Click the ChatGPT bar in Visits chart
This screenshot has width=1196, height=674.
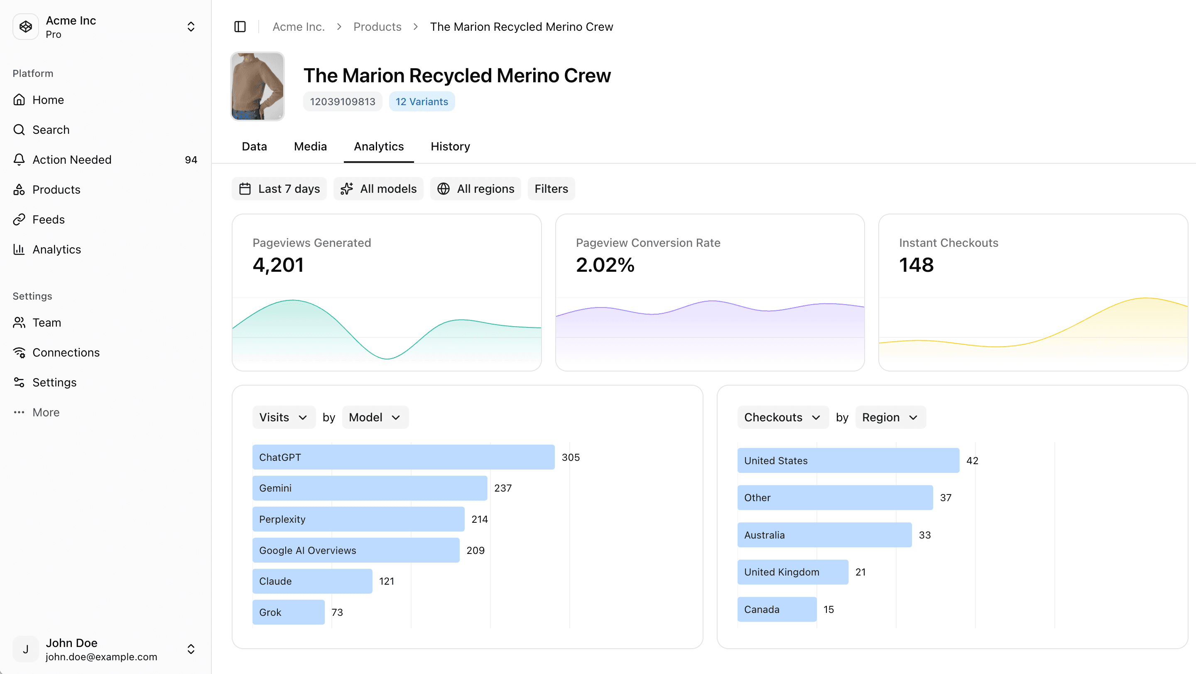pyautogui.click(x=403, y=457)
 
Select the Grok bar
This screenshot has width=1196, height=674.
pyautogui.click(x=288, y=612)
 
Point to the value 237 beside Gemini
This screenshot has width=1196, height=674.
pyautogui.click(x=502, y=488)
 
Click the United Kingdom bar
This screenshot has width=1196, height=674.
pyautogui.click(x=792, y=572)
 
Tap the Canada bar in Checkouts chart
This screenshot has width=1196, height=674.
pyautogui.click(x=776, y=610)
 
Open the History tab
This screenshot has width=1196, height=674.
pyautogui.click(x=450, y=146)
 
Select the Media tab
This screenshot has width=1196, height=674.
pyautogui.click(x=310, y=146)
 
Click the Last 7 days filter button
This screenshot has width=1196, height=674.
pyautogui.click(x=279, y=189)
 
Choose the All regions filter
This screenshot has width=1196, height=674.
pyautogui.click(x=475, y=189)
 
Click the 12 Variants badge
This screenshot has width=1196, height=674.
pyautogui.click(x=422, y=102)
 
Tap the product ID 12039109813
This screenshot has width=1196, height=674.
pyautogui.click(x=342, y=102)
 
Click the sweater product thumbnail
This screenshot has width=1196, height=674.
pyautogui.click(x=257, y=86)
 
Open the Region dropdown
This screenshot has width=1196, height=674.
pyautogui.click(x=890, y=417)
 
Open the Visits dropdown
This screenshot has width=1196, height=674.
pyautogui.click(x=283, y=417)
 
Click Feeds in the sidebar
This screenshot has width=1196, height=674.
pyautogui.click(x=48, y=219)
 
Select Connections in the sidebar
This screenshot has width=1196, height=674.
pyautogui.click(x=66, y=352)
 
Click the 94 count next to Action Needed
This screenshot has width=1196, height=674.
pyautogui.click(x=191, y=160)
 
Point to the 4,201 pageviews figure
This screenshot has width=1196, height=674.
pyautogui.click(x=278, y=265)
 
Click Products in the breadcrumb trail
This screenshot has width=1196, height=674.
pyautogui.click(x=377, y=27)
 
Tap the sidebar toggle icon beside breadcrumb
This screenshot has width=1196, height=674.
pyautogui.click(x=240, y=27)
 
